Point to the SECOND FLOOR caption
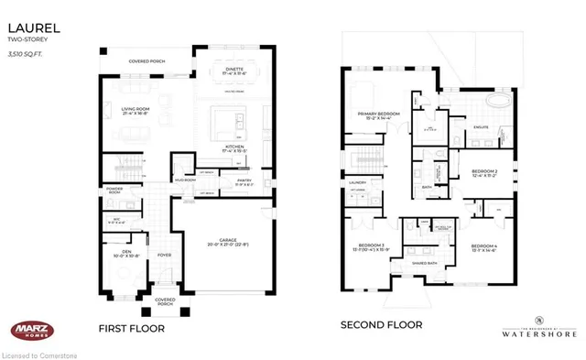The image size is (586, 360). tap(380, 325)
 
